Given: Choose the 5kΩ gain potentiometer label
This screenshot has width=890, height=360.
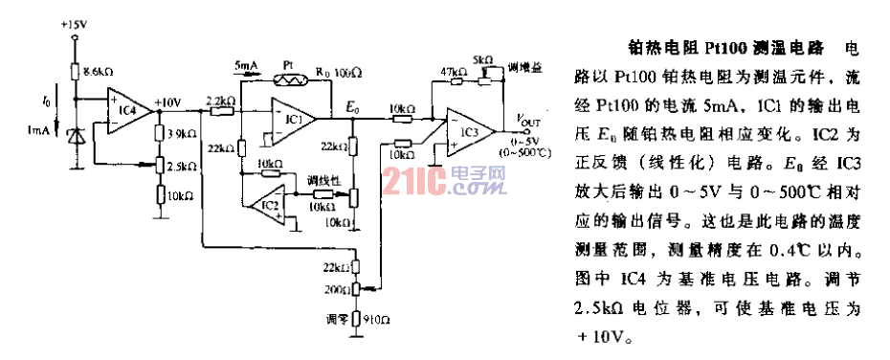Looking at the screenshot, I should (484, 59).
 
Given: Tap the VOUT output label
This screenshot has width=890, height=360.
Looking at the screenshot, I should (528, 120).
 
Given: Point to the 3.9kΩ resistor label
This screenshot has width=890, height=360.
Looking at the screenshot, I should (182, 135).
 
